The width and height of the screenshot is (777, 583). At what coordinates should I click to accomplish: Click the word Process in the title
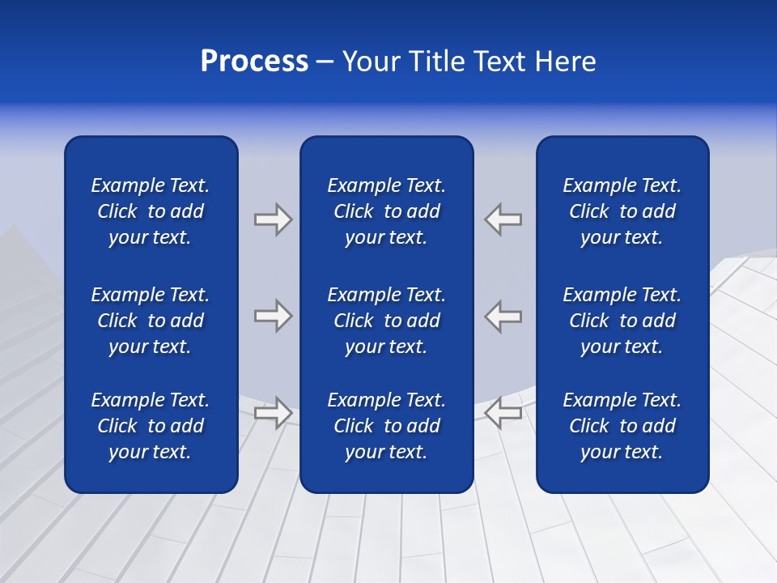254,62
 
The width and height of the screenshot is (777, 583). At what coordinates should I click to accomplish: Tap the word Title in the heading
438,62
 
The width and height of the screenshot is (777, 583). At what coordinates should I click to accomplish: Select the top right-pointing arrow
273,219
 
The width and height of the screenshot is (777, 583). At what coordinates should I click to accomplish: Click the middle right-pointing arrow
273,316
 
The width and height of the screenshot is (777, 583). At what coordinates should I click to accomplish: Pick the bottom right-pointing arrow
273,412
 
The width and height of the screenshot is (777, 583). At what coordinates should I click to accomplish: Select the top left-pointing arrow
503,219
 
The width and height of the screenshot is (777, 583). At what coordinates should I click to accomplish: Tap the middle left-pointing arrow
503,316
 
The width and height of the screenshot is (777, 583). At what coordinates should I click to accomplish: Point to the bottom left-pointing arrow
503,412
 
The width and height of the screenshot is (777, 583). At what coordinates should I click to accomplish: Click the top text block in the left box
151,211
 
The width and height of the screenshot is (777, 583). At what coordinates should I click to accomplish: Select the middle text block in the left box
151,321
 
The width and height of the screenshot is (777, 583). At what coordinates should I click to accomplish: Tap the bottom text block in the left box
151,426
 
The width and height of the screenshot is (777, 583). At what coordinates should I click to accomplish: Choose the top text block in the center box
386,211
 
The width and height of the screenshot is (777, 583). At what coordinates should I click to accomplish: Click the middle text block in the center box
386,321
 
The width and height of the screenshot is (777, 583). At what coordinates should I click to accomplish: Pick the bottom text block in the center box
386,426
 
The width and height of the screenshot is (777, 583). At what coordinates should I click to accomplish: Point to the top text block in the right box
622,211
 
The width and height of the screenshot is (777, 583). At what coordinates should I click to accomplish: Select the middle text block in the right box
622,321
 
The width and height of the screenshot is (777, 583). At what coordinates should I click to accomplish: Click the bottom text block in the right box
622,426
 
